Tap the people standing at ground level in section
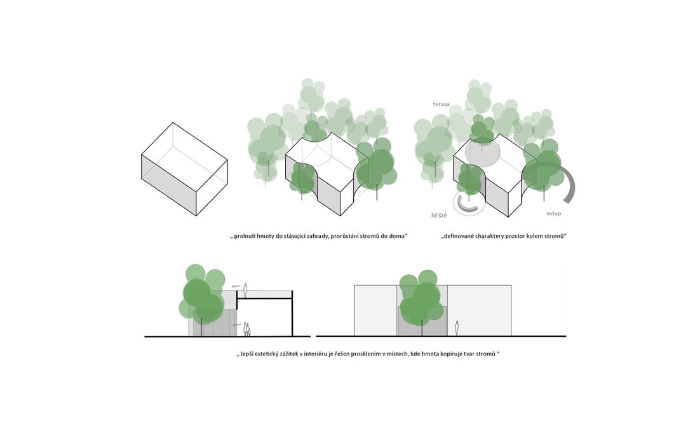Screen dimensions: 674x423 tap(247, 329)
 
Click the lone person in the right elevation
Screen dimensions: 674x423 tap(456, 328)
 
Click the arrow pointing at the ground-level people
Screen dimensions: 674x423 tap(237, 325)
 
